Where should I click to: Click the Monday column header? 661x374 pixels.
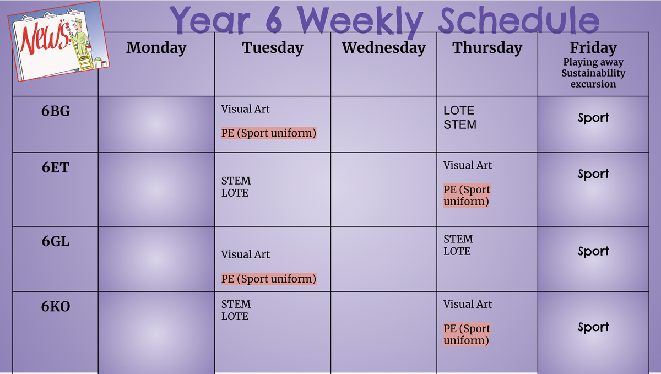(156, 47)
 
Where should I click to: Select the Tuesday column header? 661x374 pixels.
(273, 48)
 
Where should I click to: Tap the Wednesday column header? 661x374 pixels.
(383, 48)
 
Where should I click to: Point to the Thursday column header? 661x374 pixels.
(487, 48)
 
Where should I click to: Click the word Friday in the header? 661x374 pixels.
(593, 48)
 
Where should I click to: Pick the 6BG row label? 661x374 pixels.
(56, 111)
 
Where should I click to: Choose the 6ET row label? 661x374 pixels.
(56, 167)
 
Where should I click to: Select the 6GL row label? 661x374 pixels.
(56, 241)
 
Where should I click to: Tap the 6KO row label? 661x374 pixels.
(56, 306)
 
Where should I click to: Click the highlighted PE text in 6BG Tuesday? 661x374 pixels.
(269, 133)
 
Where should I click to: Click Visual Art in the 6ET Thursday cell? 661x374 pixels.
(468, 165)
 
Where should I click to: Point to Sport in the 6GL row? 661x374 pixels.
(593, 252)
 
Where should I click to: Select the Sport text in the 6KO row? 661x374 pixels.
(593, 327)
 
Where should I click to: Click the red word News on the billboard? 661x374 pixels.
(45, 37)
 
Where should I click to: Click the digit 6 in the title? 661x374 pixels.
(274, 20)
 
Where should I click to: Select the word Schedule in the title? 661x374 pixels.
(519, 19)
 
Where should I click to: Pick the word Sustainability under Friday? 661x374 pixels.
(593, 73)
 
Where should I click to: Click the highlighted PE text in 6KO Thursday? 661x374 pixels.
(466, 334)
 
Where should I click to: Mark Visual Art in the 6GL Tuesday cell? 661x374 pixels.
(245, 254)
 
